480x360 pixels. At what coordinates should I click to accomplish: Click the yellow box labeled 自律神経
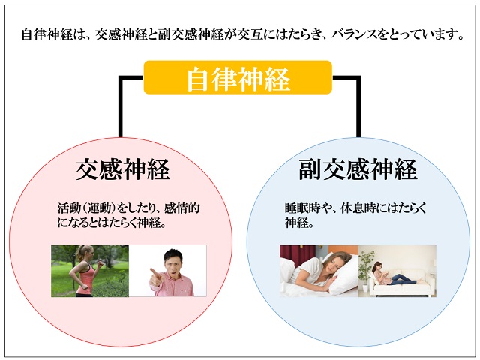pyautogui.click(x=238, y=77)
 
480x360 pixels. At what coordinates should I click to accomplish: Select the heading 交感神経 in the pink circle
pyautogui.click(x=122, y=169)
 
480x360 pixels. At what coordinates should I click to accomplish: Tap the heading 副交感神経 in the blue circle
pyautogui.click(x=358, y=169)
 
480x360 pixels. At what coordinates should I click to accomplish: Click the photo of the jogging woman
pyautogui.click(x=90, y=271)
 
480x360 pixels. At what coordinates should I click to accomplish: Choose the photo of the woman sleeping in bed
pyautogui.click(x=319, y=271)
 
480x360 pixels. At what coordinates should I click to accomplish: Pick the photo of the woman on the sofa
pyautogui.click(x=397, y=271)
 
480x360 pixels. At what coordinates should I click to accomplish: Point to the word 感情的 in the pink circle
pyautogui.click(x=181, y=208)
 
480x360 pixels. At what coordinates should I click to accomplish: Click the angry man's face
pyautogui.click(x=173, y=262)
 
